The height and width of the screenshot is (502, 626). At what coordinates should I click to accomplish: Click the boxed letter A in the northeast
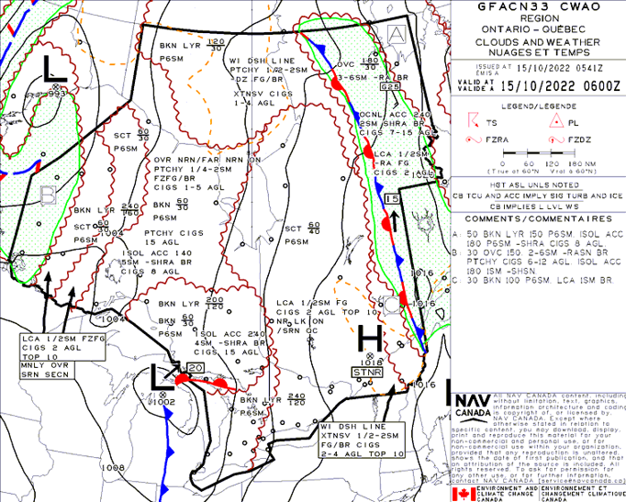tap(397, 34)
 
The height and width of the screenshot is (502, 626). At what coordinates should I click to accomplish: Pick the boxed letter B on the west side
tap(49, 194)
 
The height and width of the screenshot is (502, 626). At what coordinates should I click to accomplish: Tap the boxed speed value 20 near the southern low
tap(195, 368)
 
